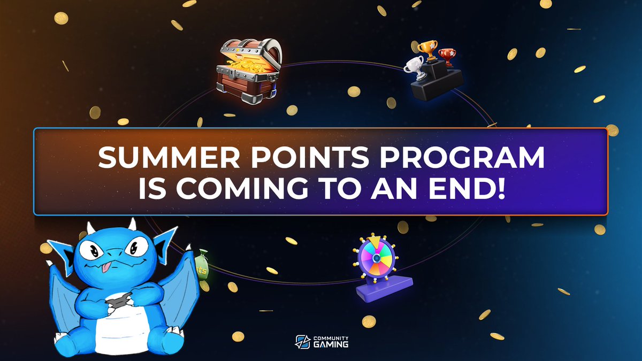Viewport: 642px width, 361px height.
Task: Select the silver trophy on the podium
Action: pos(412,67)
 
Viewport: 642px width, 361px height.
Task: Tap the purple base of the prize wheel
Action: pos(385,288)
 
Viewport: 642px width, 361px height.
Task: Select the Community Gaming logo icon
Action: pos(302,341)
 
